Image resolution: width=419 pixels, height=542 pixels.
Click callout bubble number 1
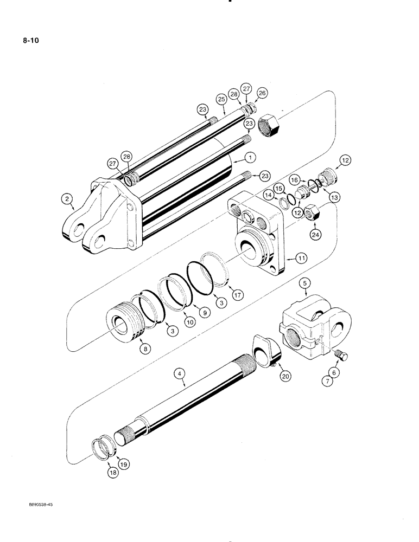250,158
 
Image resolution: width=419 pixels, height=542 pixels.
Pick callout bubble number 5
306,282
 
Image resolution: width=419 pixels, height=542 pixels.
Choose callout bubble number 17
237,294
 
